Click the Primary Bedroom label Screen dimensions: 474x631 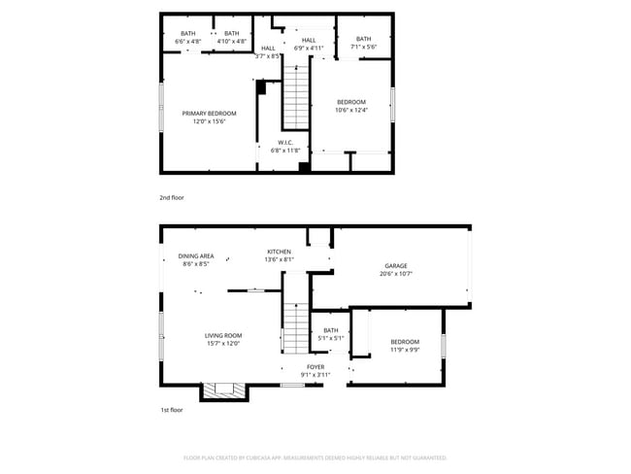[209, 117]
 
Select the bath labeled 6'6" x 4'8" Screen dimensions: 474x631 [187, 38]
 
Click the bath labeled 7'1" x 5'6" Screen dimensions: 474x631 [363, 43]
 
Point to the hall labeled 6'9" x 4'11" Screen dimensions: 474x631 [309, 44]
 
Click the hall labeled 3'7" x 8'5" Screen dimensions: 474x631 [268, 51]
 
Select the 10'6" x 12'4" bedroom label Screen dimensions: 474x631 [351, 107]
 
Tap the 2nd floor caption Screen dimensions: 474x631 [172, 197]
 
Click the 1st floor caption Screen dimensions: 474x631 [172, 410]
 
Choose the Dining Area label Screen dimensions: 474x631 [196, 259]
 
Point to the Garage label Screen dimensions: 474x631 [396, 269]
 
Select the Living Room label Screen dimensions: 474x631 [222, 339]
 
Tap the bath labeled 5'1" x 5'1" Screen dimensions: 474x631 [331, 335]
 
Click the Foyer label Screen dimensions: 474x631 [315, 370]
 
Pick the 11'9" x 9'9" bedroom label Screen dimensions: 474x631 [405, 345]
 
